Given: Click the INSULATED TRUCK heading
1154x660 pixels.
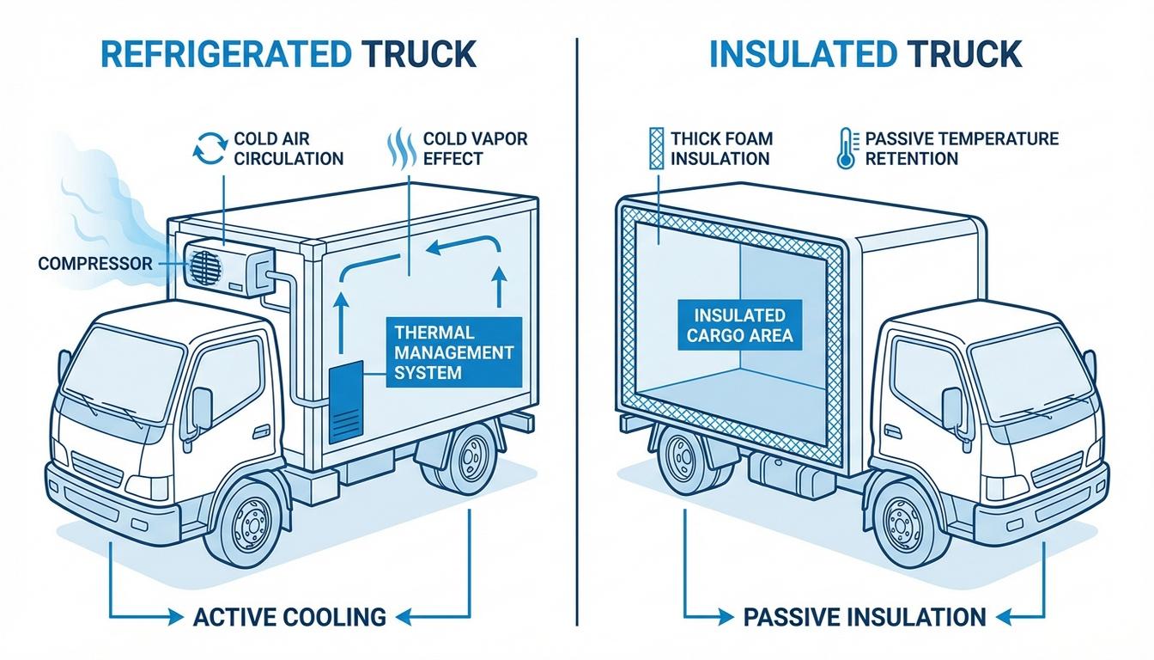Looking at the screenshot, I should (x=865, y=53).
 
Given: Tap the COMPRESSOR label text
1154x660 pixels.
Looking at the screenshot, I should (x=94, y=263).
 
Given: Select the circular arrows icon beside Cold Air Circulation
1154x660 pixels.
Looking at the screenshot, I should (x=210, y=147).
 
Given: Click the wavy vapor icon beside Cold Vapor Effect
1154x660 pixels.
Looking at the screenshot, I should (x=400, y=147).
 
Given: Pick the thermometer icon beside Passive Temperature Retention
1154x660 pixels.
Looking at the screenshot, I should (x=845, y=147).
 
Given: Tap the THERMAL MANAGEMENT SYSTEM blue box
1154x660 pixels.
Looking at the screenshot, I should (x=452, y=351).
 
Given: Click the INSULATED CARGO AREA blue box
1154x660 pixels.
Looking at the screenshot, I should (x=739, y=325).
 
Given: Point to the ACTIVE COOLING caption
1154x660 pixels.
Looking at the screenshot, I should (x=288, y=616).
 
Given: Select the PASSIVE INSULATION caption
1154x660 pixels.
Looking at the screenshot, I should (x=863, y=616).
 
